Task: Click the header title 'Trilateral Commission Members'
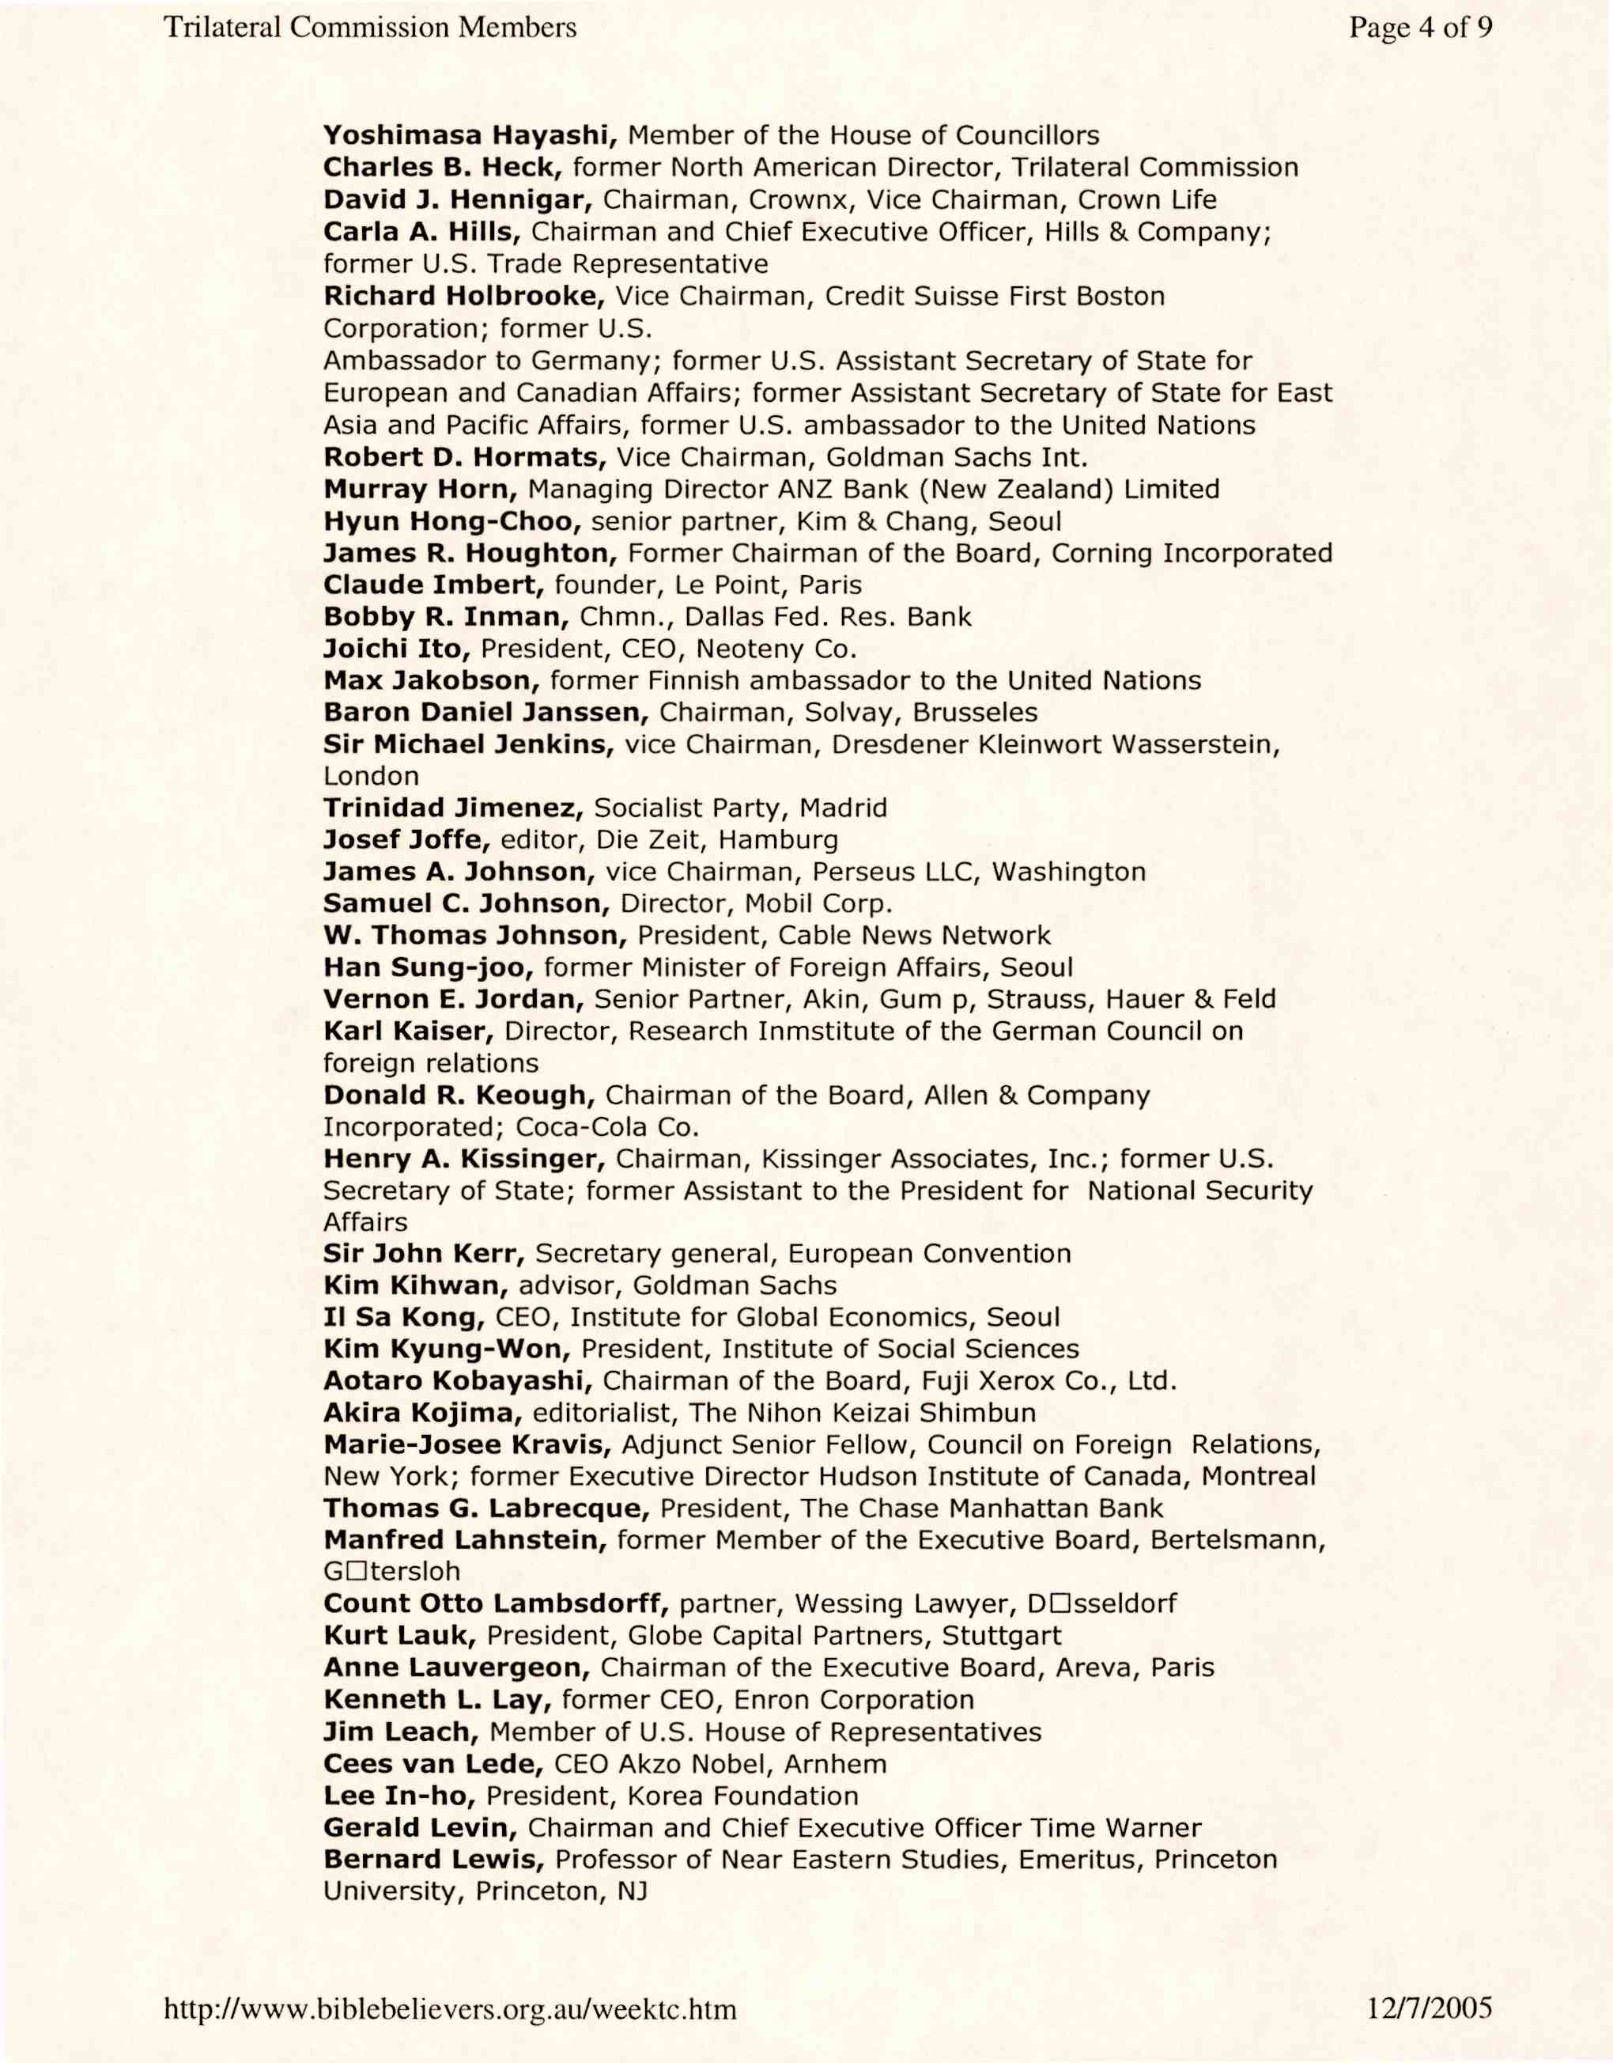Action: tap(370, 28)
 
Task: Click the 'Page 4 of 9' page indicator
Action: tap(1420, 28)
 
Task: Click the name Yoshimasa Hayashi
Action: tap(470, 136)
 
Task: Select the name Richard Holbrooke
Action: tap(463, 297)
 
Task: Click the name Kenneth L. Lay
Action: tap(436, 1700)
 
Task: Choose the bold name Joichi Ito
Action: tap(397, 650)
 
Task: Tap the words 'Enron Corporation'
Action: tap(854, 1700)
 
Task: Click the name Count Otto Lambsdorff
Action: tap(496, 1605)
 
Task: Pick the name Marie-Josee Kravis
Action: tap(467, 1445)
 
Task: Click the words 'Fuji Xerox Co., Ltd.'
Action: tap(1049, 1382)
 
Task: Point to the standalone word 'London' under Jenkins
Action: tap(371, 777)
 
